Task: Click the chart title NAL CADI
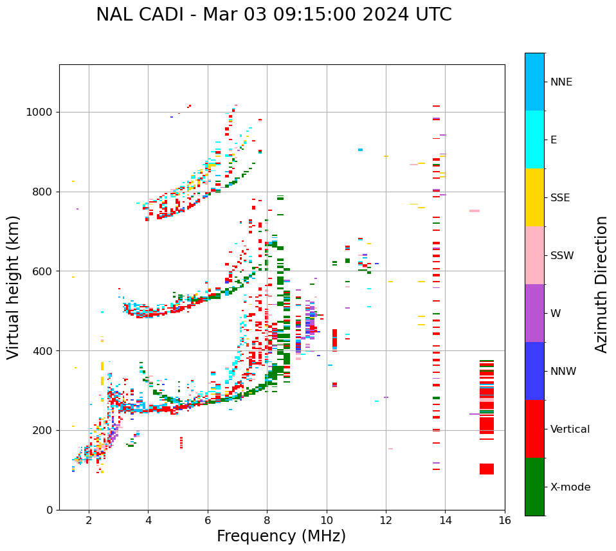pos(273,15)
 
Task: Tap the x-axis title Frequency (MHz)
pos(281,536)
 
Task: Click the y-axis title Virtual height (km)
pos(14,287)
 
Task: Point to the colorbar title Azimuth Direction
pos(601,284)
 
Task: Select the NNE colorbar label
pos(561,82)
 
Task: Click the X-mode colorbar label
pos(570,487)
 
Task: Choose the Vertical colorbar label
pos(570,429)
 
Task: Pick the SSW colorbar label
pos(562,256)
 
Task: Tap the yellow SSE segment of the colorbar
pos(534,197)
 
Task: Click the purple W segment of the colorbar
pos(534,313)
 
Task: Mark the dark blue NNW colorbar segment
pos(534,371)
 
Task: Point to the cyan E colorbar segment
pos(534,139)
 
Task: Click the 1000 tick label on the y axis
pos(40,112)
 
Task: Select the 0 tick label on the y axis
pos(49,510)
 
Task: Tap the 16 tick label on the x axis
pos(505,520)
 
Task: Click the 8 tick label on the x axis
pos(267,520)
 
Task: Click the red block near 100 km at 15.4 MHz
pos(487,469)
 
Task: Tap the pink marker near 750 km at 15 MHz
pos(475,211)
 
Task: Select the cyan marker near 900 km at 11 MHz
pos(360,150)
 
